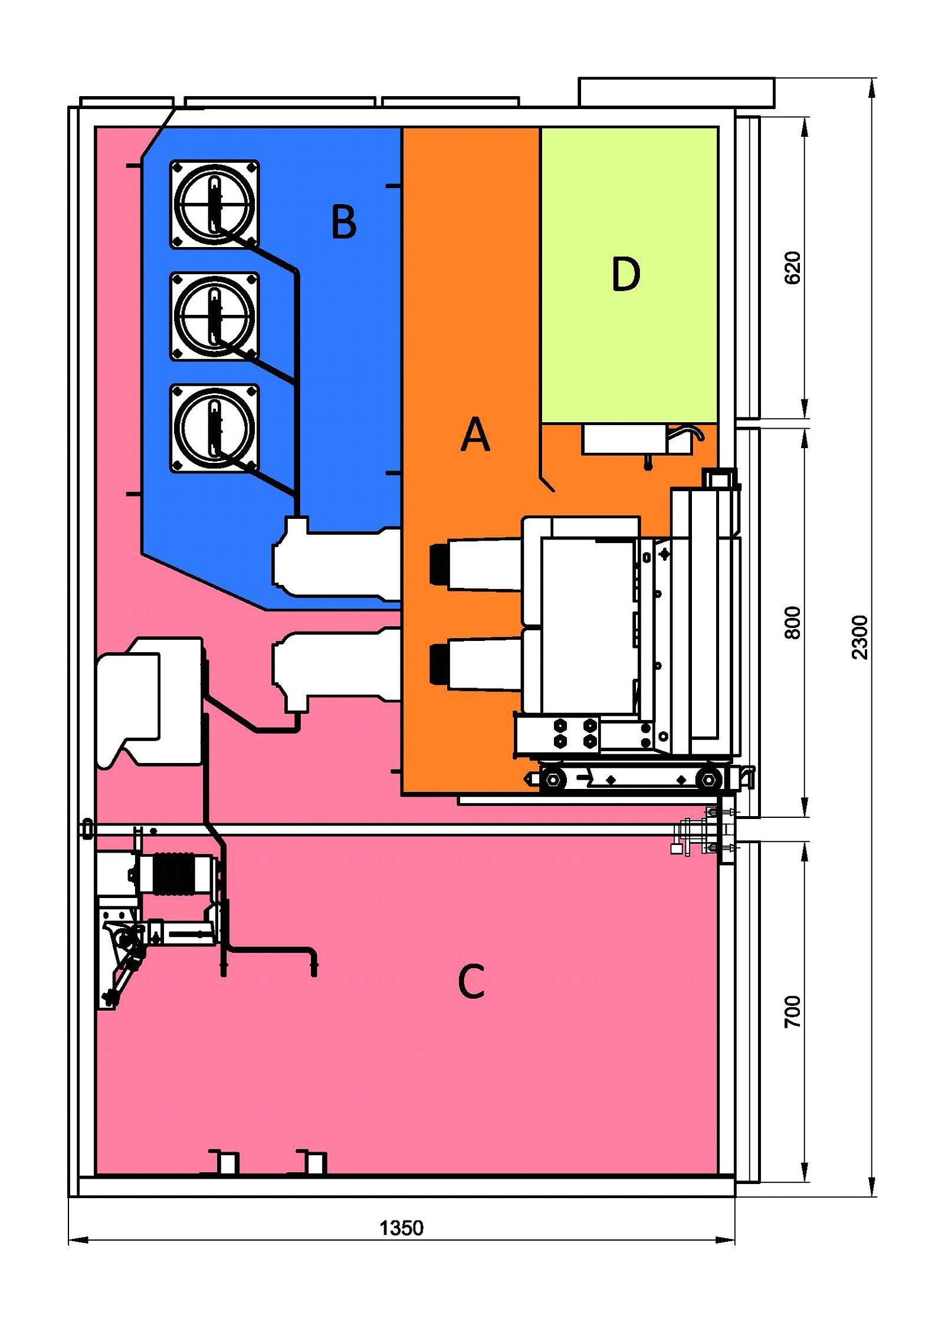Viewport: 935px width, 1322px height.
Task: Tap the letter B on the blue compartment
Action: [x=344, y=221]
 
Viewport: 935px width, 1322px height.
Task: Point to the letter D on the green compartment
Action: [x=626, y=274]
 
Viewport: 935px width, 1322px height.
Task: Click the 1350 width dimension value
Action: [x=401, y=1228]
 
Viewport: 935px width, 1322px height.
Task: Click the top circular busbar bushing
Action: [x=215, y=204]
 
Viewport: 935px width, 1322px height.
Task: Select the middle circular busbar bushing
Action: [x=215, y=316]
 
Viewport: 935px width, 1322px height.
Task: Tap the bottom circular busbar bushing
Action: [x=215, y=428]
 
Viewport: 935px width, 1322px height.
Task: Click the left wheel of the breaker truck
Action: [x=553, y=780]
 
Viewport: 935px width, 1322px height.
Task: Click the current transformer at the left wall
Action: [x=150, y=702]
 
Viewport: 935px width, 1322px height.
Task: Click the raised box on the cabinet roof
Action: [x=677, y=92]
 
